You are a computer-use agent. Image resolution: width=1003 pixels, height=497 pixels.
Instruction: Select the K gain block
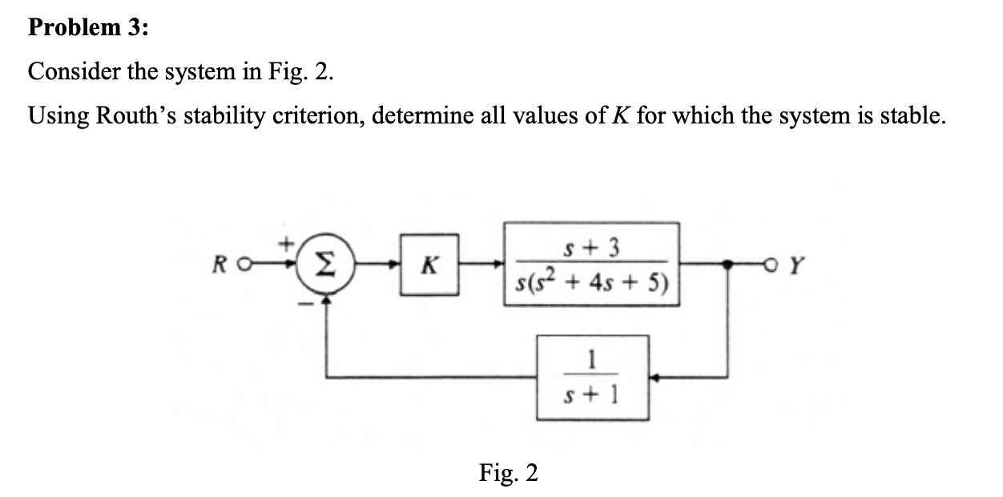(x=429, y=265)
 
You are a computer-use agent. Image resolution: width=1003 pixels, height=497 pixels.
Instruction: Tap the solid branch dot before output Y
(x=727, y=264)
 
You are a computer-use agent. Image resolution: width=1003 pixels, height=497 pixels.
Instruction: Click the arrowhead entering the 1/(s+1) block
(x=655, y=377)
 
